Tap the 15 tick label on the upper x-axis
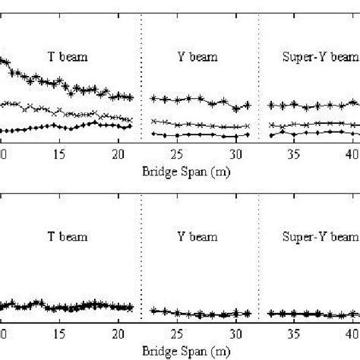coord(60,155)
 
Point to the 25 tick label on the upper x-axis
coord(176,155)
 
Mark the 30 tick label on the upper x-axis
coord(235,155)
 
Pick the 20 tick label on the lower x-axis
coord(118,336)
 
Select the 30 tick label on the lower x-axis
coord(235,336)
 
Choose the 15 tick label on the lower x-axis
coord(60,336)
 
